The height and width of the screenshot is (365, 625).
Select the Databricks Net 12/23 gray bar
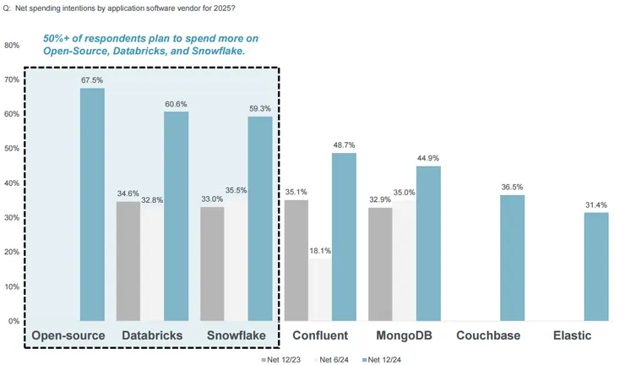tap(128, 261)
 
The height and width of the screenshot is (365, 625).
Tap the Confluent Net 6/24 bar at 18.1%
tap(320, 290)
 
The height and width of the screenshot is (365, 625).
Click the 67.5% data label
tap(92, 81)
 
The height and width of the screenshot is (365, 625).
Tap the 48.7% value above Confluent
tap(344, 146)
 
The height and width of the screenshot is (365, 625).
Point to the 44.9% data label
tap(428, 159)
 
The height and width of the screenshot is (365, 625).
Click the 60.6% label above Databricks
tap(176, 105)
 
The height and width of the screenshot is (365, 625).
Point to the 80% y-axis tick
tap(13, 45)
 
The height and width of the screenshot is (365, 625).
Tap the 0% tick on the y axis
tap(14, 321)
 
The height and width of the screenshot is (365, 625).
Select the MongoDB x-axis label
tap(404, 336)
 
